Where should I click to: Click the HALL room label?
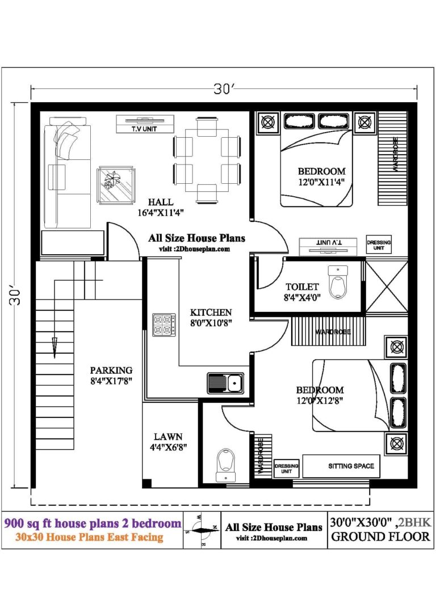click(161, 202)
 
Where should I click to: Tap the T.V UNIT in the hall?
click(145, 124)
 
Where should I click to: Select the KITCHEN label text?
click(211, 312)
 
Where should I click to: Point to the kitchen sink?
click(225, 383)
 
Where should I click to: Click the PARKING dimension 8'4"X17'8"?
click(111, 381)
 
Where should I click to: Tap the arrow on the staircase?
click(55, 346)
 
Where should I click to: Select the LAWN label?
click(168, 437)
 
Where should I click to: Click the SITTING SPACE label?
click(351, 466)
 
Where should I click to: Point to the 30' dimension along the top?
click(224, 89)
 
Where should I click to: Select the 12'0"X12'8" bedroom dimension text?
click(320, 400)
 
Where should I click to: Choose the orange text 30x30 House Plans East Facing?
click(90, 537)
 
